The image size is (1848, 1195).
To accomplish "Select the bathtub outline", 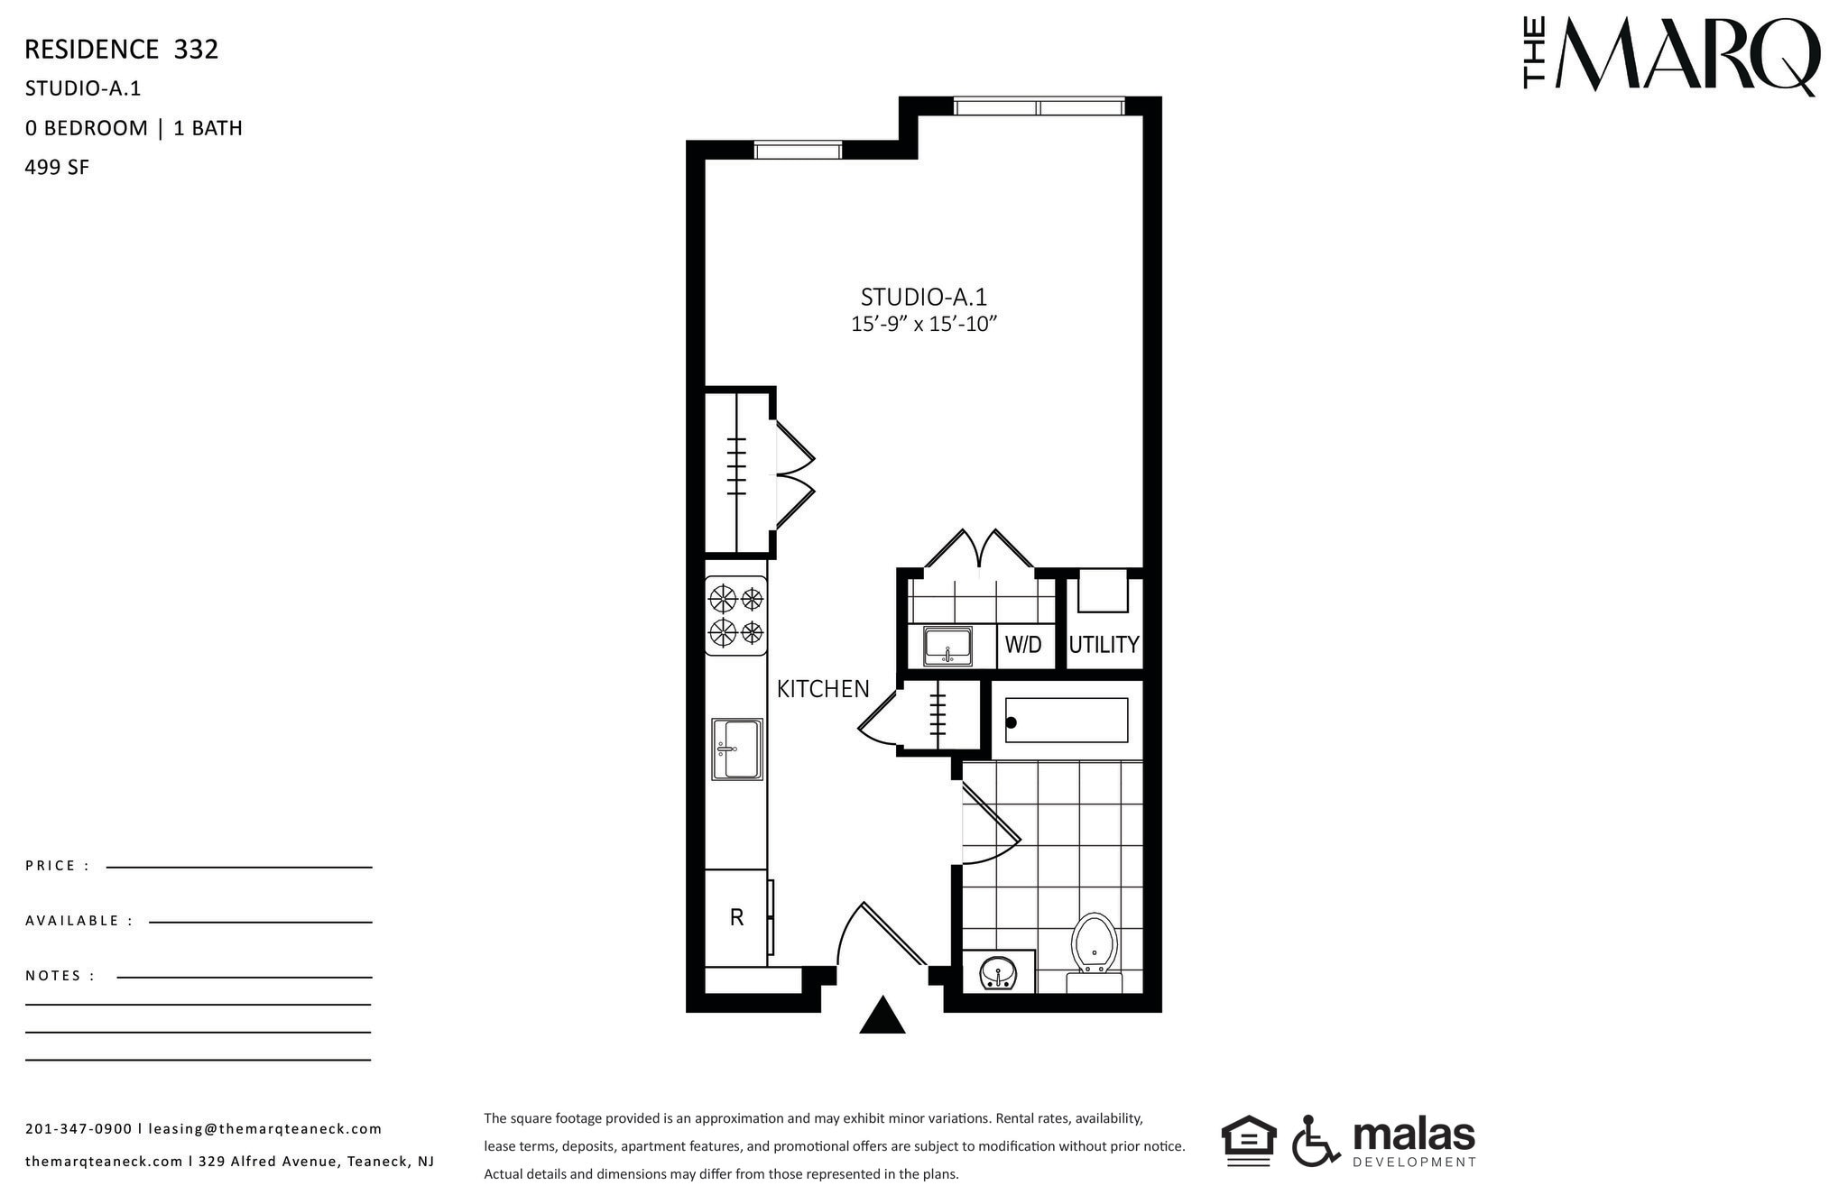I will (x=1067, y=721).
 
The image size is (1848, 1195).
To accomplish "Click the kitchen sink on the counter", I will (x=736, y=749).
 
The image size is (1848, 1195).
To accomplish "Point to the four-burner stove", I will (x=736, y=615).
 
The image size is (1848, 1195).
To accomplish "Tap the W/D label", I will (x=1023, y=645).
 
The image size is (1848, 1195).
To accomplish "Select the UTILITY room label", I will (x=1104, y=645).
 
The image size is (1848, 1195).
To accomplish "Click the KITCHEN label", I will (x=823, y=689).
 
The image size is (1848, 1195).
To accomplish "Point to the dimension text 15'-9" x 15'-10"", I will (x=923, y=324).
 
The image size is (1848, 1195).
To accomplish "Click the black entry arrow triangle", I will (x=882, y=1016).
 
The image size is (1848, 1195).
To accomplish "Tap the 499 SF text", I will (x=57, y=168).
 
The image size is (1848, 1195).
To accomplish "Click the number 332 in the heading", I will (x=196, y=50).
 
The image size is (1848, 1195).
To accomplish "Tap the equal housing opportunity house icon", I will (x=1249, y=1140).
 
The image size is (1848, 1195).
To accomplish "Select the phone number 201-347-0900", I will (x=79, y=1129).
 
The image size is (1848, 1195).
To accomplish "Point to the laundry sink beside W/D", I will (x=947, y=646).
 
